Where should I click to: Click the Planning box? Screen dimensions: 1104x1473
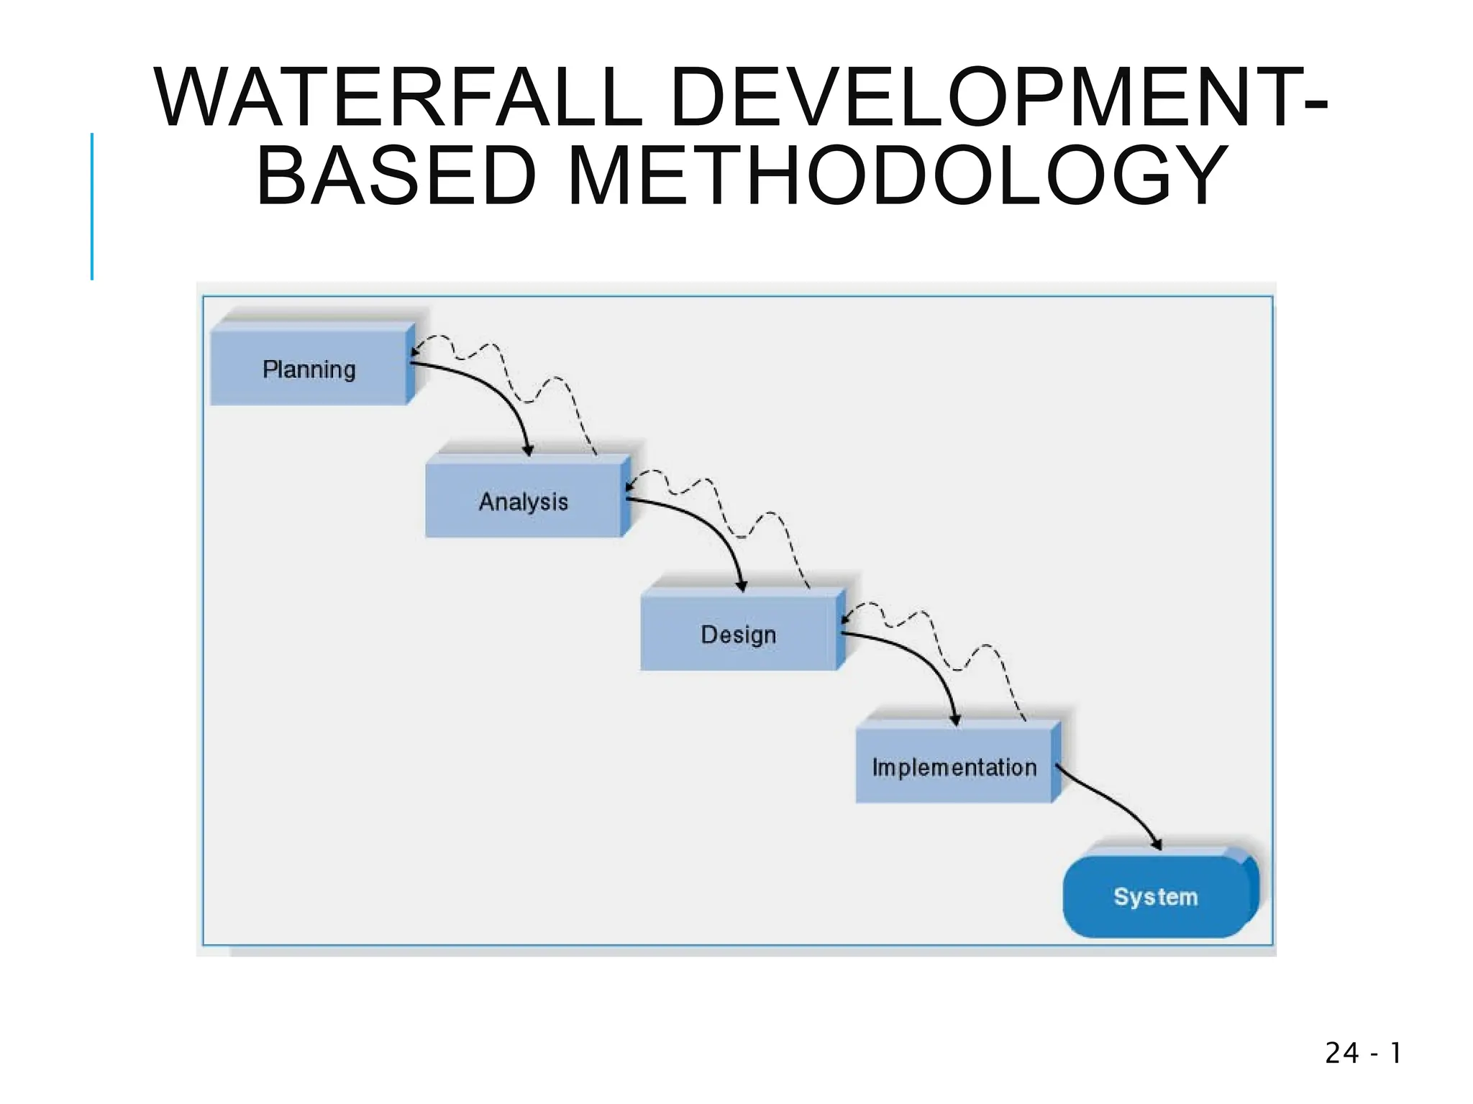point(309,368)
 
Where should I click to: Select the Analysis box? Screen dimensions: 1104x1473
point(523,501)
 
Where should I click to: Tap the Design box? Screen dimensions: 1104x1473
point(739,634)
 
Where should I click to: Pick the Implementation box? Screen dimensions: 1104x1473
point(954,766)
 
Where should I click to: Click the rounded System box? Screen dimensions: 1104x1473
point(1155,896)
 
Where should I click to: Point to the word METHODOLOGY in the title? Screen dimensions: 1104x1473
point(897,175)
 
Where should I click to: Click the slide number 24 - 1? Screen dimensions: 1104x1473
point(1362,1053)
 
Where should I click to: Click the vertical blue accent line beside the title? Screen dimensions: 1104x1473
point(92,206)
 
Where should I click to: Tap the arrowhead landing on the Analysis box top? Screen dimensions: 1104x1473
point(528,451)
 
